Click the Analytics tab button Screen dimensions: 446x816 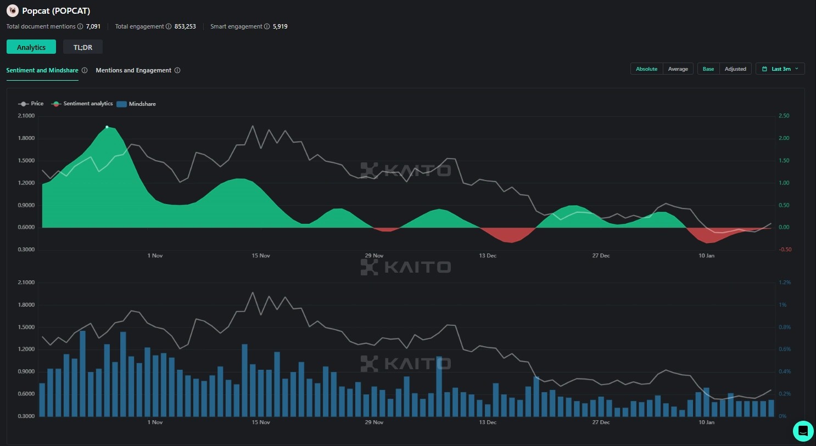[31, 47]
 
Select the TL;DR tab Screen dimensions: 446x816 [83, 47]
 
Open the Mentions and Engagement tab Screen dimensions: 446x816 [133, 70]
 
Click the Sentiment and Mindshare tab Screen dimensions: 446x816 [42, 70]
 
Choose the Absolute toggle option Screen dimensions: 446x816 [646, 69]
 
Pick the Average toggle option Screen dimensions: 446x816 [678, 69]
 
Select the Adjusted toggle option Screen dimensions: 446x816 [735, 69]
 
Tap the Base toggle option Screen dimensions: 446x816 [708, 69]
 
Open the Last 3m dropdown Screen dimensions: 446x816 [780, 69]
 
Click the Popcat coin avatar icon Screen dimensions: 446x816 [12, 10]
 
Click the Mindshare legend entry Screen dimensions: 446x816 [137, 104]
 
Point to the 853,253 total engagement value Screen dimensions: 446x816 [185, 26]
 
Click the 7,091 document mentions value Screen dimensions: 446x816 [93, 26]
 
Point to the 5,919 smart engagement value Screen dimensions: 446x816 [280, 26]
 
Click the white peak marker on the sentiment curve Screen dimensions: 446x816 [107, 127]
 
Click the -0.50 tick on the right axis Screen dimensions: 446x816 [785, 250]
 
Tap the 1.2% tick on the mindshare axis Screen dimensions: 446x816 [785, 283]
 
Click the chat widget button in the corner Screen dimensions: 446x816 [803, 431]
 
